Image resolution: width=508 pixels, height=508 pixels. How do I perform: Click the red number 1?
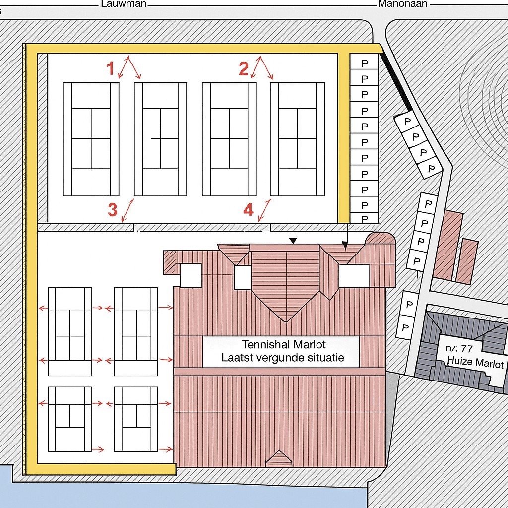click(112, 68)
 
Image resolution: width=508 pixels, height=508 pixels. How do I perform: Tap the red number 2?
click(243, 68)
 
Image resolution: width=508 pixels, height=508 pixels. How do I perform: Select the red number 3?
click(113, 210)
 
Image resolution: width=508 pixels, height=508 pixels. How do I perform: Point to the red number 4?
click(249, 210)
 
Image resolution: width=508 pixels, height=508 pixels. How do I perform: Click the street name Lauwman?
click(124, 4)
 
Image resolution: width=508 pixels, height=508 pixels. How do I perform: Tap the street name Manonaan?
click(402, 4)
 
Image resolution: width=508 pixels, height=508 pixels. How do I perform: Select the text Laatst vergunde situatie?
click(283, 357)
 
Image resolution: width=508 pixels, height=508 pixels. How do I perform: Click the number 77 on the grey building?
click(466, 348)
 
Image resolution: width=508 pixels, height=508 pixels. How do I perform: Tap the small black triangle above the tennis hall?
click(293, 241)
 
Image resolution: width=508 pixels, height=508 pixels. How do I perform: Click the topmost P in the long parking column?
click(365, 63)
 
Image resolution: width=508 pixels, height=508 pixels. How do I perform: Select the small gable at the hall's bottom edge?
click(279, 459)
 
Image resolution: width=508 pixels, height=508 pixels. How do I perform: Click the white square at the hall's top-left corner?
click(190, 275)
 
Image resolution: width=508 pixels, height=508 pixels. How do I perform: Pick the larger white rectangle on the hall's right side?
click(354, 276)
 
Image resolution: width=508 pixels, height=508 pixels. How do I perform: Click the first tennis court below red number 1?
click(91, 139)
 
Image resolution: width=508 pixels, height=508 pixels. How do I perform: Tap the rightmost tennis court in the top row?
click(298, 139)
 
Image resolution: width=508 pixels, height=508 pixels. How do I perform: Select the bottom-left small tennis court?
click(69, 419)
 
